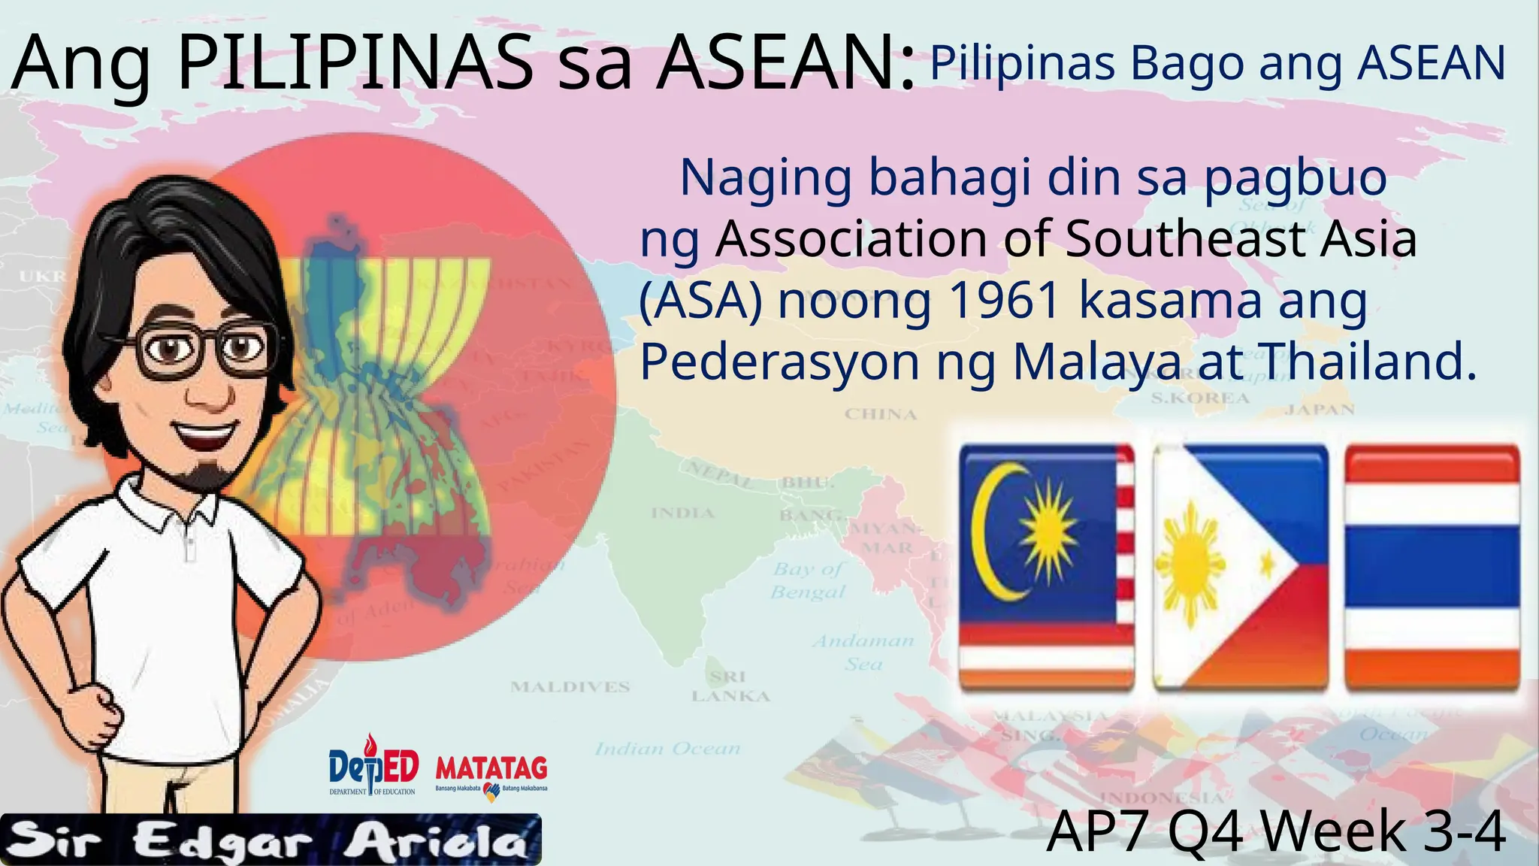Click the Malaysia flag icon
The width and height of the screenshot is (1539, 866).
1047,568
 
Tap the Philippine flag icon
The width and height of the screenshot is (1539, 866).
1241,568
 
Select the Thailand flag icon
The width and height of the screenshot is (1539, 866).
1432,568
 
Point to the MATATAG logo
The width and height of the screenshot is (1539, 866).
491,774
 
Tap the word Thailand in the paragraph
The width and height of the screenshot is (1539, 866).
1368,362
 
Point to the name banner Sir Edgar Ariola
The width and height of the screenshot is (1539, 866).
271,840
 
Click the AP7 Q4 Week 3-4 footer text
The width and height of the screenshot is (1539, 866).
1276,832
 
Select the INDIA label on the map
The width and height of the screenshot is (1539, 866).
682,513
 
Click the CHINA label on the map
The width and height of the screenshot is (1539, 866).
881,414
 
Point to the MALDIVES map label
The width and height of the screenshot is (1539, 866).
570,687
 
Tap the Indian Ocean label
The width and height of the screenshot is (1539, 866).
668,749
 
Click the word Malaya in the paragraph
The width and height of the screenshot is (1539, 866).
1097,362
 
